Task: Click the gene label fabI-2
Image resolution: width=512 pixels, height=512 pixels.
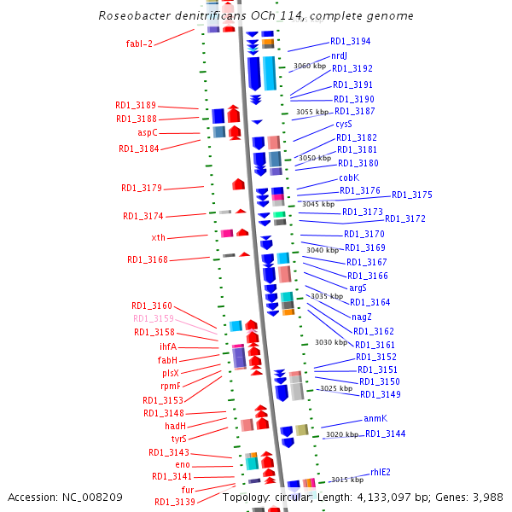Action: pyautogui.click(x=139, y=44)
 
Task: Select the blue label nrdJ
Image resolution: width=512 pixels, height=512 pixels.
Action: pyautogui.click(x=339, y=55)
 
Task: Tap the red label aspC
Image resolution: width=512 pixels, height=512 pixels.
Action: pyautogui.click(x=148, y=132)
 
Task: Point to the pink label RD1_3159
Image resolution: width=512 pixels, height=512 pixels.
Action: pyautogui.click(x=154, y=318)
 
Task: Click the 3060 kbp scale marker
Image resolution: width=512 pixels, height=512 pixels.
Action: pyautogui.click(x=310, y=66)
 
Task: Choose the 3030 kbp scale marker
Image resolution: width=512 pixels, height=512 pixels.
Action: pyautogui.click(x=331, y=342)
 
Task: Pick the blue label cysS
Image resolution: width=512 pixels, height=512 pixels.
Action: pyautogui.click(x=344, y=124)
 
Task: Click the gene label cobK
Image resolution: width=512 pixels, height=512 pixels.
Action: pyautogui.click(x=349, y=177)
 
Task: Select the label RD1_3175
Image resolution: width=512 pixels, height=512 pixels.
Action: pyautogui.click(x=412, y=195)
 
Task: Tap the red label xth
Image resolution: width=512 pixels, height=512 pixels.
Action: pyautogui.click(x=159, y=237)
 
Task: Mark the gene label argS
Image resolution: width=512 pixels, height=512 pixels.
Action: pyautogui.click(x=358, y=288)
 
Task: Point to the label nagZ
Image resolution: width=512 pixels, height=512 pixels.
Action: pyautogui.click(x=362, y=317)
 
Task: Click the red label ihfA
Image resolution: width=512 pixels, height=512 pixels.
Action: pyautogui.click(x=168, y=346)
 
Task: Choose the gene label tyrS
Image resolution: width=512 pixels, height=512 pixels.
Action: pyautogui.click(x=179, y=439)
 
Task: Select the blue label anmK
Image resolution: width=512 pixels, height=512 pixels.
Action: pyautogui.click(x=375, y=418)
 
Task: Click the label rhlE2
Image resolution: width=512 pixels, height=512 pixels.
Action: pyautogui.click(x=381, y=472)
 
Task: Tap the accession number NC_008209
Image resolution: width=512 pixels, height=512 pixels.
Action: pyautogui.click(x=92, y=497)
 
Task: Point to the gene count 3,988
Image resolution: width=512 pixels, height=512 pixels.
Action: pyautogui.click(x=488, y=497)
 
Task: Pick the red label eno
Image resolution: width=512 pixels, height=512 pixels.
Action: pyautogui.click(x=183, y=465)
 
